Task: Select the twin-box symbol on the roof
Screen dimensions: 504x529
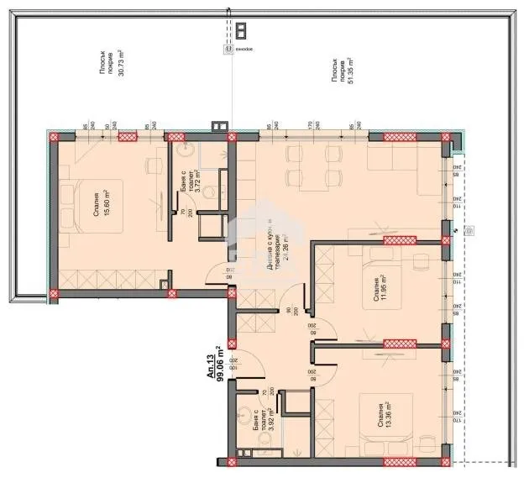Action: (x=242, y=31)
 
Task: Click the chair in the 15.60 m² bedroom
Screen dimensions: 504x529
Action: (x=155, y=164)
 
